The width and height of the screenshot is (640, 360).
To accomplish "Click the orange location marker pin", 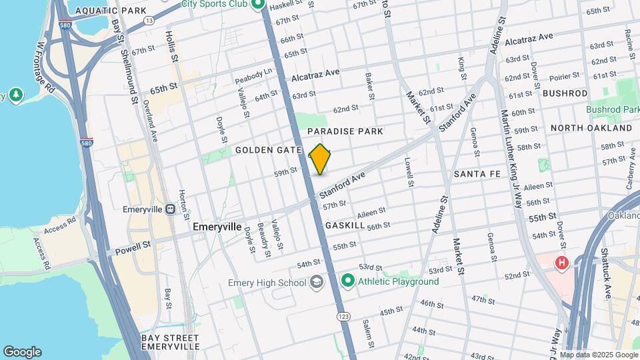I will click(x=320, y=159).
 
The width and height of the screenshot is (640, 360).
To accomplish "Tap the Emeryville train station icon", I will click(x=170, y=209).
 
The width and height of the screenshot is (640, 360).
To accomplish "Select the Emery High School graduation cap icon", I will click(x=317, y=281).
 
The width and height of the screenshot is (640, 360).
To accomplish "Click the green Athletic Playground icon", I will click(x=347, y=281).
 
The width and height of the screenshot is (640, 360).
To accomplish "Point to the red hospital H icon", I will click(x=562, y=263).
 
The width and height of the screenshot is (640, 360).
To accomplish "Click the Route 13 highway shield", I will click(x=149, y=21).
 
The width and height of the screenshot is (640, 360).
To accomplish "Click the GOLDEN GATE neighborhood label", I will click(x=269, y=151).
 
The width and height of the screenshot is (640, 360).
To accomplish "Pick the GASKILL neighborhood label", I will click(x=345, y=226).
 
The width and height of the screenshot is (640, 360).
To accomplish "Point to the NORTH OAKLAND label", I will click(x=591, y=127).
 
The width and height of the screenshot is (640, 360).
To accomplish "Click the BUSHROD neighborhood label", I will click(x=565, y=93).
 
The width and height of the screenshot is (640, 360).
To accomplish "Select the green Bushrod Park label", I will click(x=613, y=109).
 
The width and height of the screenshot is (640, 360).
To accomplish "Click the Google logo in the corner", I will click(x=22, y=352).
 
